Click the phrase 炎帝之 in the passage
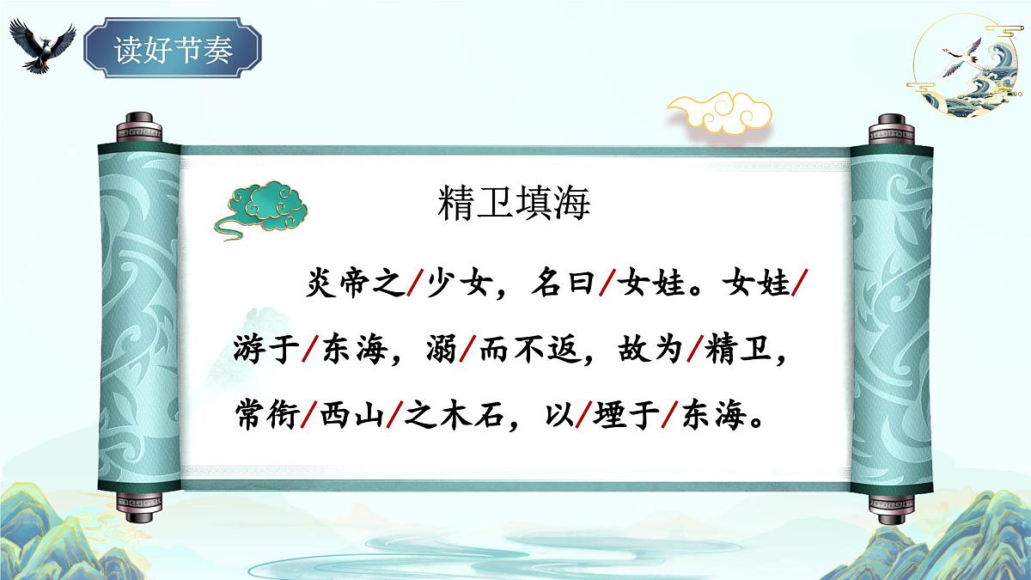point(354,284)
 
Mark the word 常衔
point(265,420)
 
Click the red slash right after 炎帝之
point(415,284)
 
